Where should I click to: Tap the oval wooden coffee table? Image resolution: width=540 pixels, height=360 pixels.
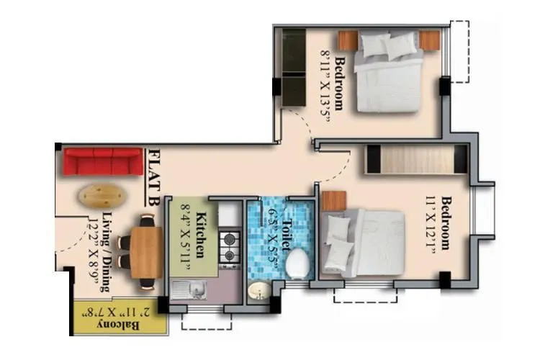[x=100, y=194]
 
